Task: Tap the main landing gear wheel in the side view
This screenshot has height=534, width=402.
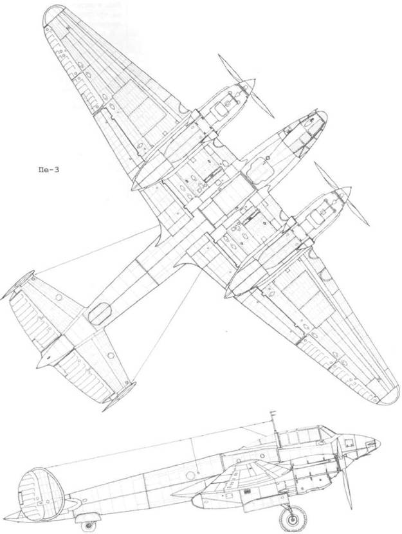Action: [292, 517]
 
